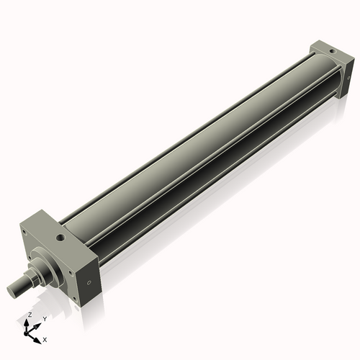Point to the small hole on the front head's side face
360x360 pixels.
(89, 283)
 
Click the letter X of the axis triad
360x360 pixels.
(45, 338)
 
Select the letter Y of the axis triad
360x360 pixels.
(43, 318)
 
